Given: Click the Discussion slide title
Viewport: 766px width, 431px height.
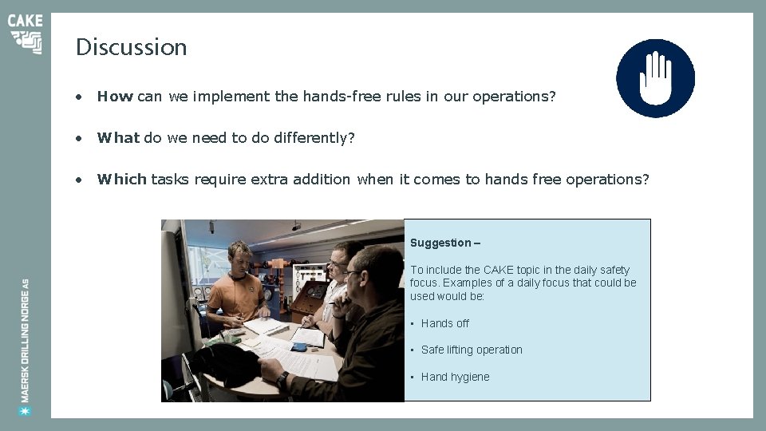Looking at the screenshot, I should (x=131, y=47).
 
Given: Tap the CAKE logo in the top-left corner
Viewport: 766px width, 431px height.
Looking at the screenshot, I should (x=26, y=34).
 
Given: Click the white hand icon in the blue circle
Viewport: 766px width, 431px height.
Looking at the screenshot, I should (x=655, y=78).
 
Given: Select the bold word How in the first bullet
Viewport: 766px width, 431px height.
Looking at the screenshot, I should (x=115, y=97).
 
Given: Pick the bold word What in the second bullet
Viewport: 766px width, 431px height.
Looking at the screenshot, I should (x=118, y=138).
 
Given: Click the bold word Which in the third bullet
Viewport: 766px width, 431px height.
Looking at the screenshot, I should (x=121, y=180).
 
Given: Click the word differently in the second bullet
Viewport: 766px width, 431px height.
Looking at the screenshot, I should (x=314, y=138).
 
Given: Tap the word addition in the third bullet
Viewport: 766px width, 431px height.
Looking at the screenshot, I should (x=322, y=180).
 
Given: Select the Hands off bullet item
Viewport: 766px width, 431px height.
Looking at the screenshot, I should (x=444, y=323).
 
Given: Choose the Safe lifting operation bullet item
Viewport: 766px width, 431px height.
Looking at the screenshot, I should (x=471, y=350).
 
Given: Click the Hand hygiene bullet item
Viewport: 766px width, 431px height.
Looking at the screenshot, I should (x=455, y=377).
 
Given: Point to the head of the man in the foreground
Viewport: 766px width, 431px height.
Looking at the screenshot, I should (x=375, y=271).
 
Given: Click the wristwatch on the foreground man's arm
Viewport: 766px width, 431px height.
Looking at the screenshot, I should (x=282, y=380).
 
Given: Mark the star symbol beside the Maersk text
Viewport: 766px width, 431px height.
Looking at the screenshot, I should (x=26, y=410).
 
